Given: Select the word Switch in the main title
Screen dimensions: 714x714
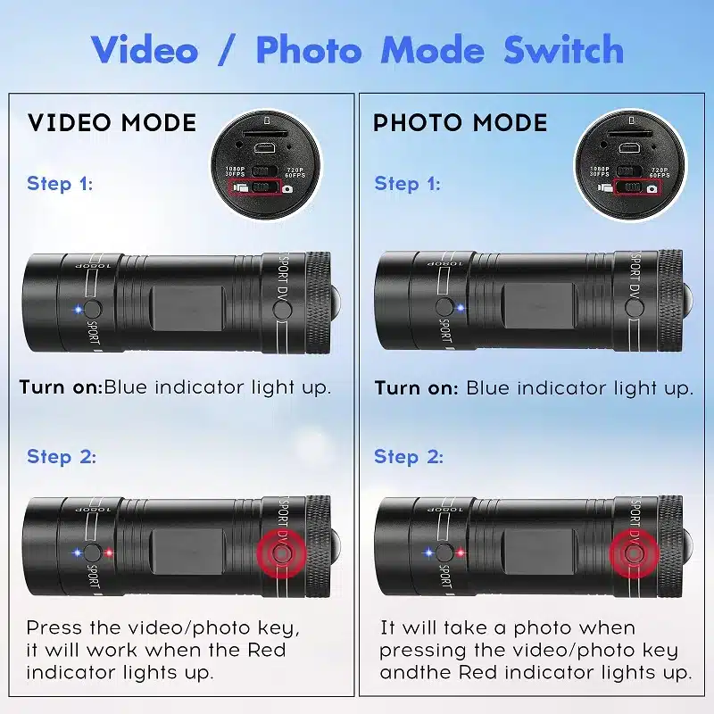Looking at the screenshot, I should click(563, 50).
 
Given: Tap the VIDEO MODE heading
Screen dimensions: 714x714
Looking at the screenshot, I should click(112, 122).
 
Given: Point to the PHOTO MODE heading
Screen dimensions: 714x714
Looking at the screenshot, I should click(460, 122).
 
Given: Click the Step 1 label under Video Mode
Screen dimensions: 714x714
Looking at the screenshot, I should click(60, 184).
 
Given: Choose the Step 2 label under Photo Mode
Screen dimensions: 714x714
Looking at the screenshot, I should click(409, 457).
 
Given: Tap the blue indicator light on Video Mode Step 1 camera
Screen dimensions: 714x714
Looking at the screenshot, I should click(79, 309).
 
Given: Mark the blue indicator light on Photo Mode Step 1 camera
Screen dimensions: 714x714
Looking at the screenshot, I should click(461, 308).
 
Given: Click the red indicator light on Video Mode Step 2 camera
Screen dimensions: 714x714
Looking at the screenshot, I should click(108, 552).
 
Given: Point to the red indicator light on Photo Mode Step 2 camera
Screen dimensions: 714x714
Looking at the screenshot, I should click(460, 552).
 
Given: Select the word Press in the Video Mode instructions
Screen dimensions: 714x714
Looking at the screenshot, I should click(54, 627).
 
